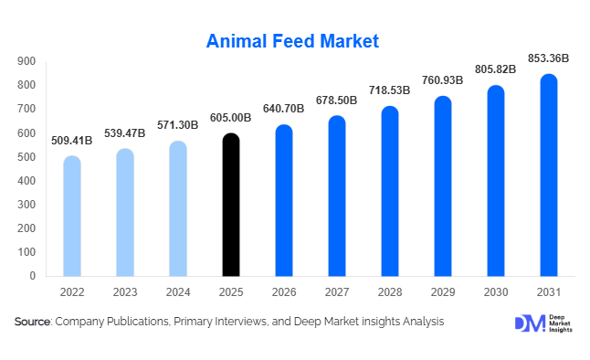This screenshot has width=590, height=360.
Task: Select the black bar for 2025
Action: (x=231, y=206)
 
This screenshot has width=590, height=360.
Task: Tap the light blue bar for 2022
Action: (x=72, y=217)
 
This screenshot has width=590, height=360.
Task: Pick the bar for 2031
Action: (x=548, y=175)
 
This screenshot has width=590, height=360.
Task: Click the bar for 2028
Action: (x=390, y=192)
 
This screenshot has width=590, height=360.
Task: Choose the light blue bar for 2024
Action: (x=178, y=209)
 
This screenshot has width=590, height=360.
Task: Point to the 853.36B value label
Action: (x=548, y=58)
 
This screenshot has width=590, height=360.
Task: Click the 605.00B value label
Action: (x=231, y=118)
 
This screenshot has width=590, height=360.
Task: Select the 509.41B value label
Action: (x=72, y=140)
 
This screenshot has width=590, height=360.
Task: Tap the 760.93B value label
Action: (x=443, y=80)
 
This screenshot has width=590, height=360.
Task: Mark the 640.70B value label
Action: (x=284, y=109)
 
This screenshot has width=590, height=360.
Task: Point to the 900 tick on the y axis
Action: (x=26, y=61)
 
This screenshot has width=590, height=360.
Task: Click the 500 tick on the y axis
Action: (x=26, y=157)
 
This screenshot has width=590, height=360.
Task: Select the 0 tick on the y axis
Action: (x=33, y=276)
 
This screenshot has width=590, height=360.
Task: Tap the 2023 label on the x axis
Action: (x=125, y=293)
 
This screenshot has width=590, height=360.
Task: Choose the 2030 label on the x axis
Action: (x=495, y=293)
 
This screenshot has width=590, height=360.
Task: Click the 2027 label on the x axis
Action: (x=337, y=293)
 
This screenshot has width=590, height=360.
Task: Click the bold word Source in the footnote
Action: (x=33, y=322)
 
